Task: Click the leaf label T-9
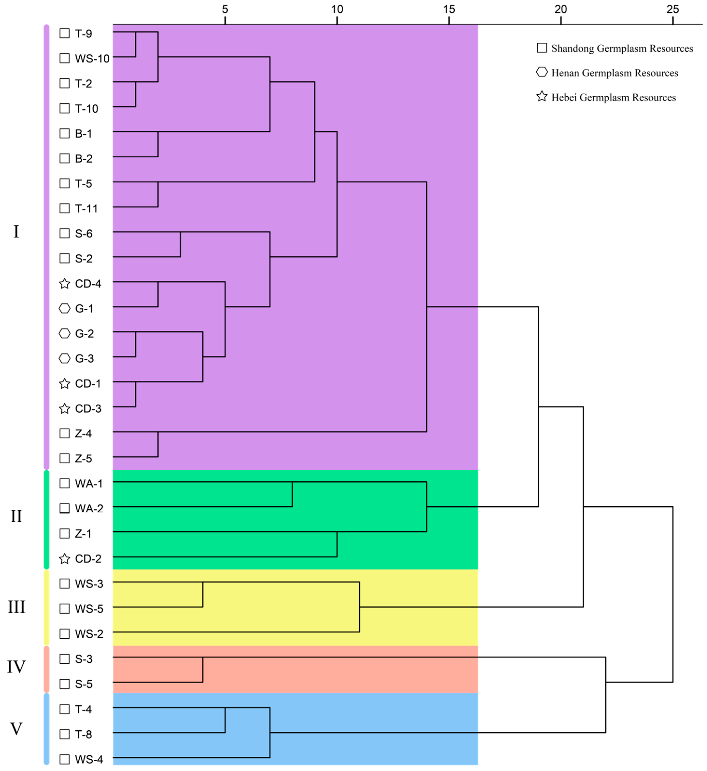click(x=83, y=34)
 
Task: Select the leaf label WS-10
click(x=92, y=59)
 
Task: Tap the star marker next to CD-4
click(x=65, y=284)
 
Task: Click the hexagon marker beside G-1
click(x=65, y=309)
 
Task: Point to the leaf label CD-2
click(x=88, y=559)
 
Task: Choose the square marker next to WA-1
click(x=65, y=483)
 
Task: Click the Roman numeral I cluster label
click(x=16, y=232)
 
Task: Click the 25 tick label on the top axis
click(x=672, y=9)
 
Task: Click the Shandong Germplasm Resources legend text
click(x=622, y=48)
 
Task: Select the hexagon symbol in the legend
click(x=542, y=72)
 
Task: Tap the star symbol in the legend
click(x=542, y=96)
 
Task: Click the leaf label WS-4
click(x=89, y=759)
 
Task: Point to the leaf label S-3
click(x=83, y=659)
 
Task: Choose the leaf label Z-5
click(x=83, y=459)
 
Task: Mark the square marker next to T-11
click(x=65, y=209)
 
